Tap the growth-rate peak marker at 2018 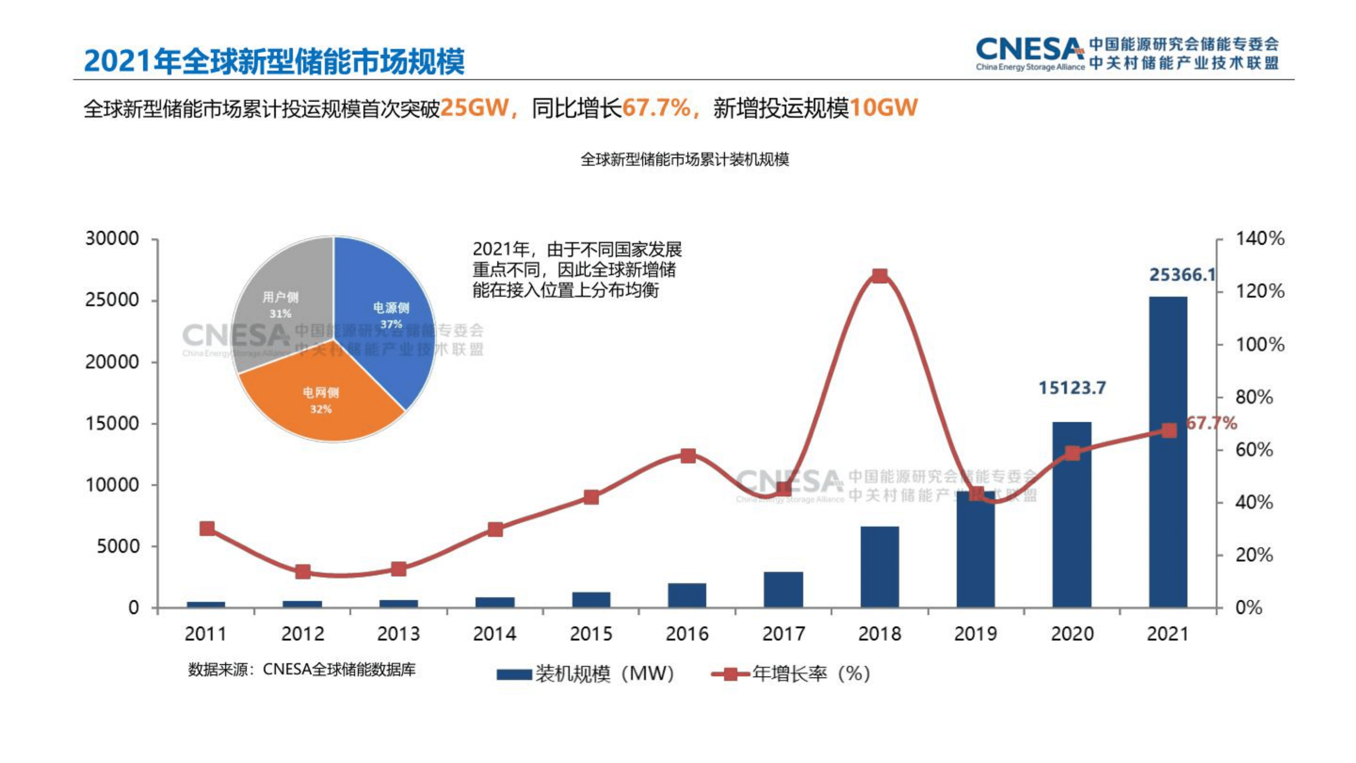(880, 276)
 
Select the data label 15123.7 (1072, 388)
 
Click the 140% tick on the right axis (1260, 239)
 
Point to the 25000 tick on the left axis (112, 300)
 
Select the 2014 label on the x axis (494, 633)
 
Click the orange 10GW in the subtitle (883, 108)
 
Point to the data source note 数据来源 (302, 669)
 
